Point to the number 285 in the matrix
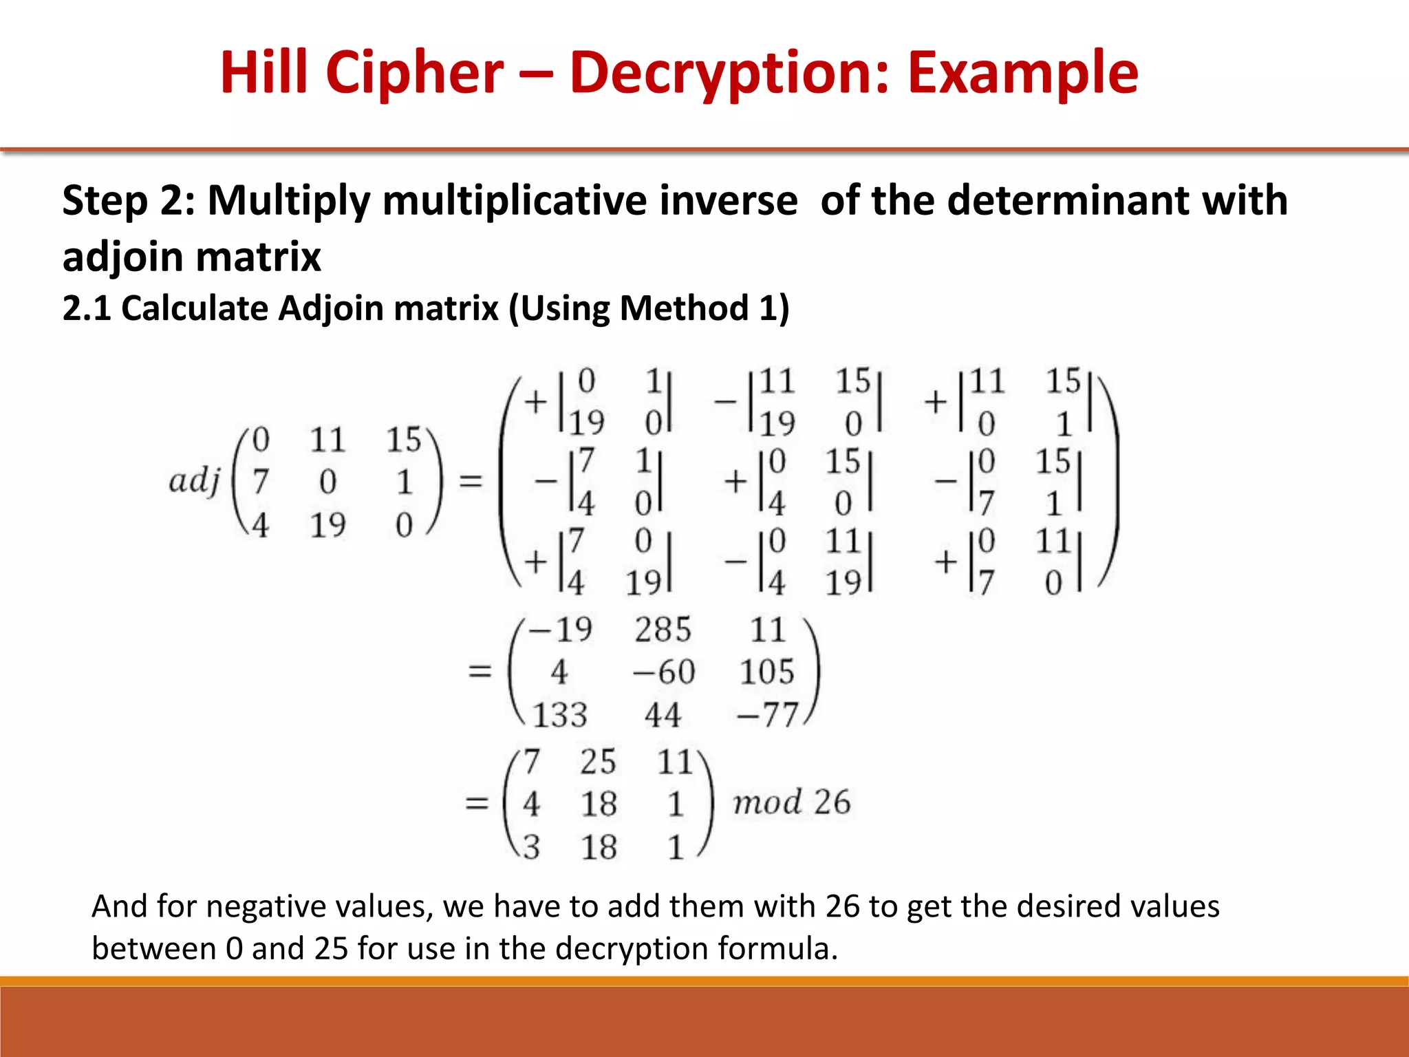click(663, 630)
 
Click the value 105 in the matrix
click(766, 672)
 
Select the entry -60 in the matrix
click(664, 672)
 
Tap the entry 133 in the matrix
click(560, 715)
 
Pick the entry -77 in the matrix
click(766, 715)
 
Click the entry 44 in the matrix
click(663, 715)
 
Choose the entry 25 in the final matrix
click(597, 762)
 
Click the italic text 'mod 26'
click(791, 802)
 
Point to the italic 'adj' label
click(194, 481)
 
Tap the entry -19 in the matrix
click(561, 630)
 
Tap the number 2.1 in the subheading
click(87, 308)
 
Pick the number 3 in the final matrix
click(531, 847)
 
